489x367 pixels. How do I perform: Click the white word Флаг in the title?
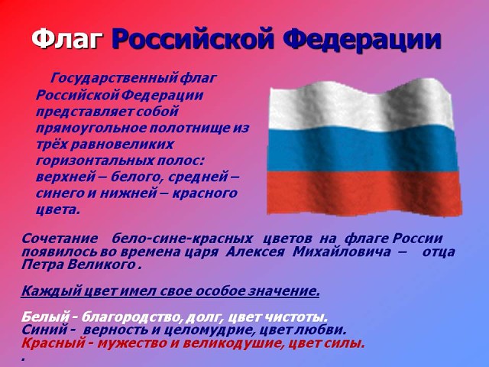(67, 39)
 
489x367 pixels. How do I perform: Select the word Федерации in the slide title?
(363, 39)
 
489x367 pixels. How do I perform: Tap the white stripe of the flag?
(361, 106)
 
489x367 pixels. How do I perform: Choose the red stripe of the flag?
(364, 193)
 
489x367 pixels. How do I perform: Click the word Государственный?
(115, 78)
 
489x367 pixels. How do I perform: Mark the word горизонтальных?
(95, 161)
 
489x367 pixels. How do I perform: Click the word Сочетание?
(60, 239)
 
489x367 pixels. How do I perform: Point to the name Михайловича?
(342, 252)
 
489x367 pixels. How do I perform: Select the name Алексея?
(254, 252)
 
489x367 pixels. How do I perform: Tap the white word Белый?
(45, 317)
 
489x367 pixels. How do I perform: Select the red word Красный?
(53, 343)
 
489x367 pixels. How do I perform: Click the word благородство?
(132, 317)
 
